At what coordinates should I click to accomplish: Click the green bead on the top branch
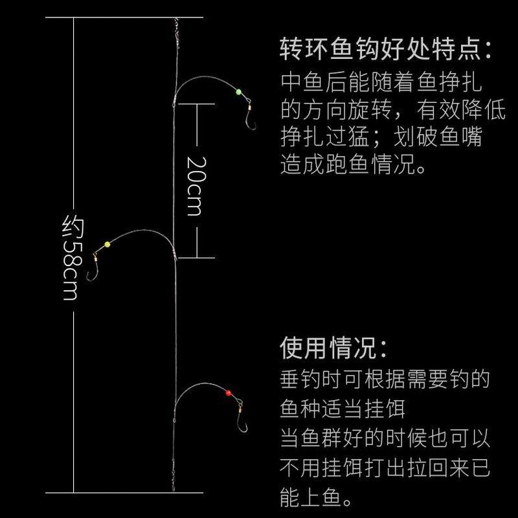(238, 92)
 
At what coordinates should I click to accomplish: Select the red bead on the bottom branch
(228, 392)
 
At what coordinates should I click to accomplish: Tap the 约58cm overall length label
(72, 259)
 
